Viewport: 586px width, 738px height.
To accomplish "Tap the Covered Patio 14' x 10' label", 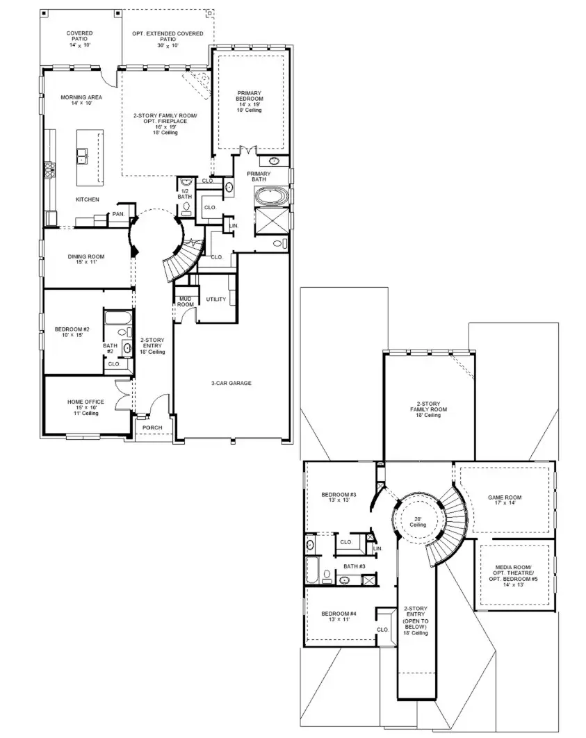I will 79,39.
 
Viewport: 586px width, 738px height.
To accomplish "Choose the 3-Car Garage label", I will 231,383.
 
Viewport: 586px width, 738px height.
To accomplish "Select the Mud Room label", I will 185,302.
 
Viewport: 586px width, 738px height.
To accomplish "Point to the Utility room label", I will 216,299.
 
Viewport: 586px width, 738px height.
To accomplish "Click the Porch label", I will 152,427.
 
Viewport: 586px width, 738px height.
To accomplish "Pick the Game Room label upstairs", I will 504,501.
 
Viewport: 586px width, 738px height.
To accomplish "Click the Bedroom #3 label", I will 339,498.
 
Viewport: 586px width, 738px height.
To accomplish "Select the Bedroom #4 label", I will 339,616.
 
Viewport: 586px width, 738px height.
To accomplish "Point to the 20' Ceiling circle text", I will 417,521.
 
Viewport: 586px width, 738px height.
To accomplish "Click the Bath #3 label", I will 354,566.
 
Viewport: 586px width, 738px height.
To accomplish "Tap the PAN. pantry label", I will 118,214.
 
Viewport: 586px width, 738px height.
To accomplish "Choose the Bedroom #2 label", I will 72,331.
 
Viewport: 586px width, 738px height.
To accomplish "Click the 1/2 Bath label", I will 184,194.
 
